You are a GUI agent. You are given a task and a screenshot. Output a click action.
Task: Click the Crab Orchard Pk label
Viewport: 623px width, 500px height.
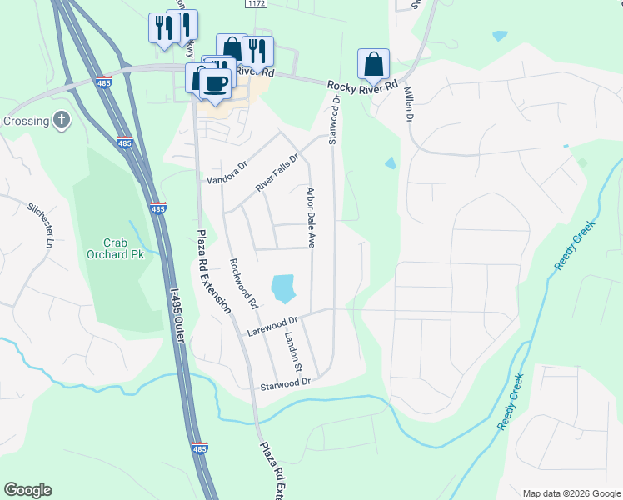(x=114, y=247)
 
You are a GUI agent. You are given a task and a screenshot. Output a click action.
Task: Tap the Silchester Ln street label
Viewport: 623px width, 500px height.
(x=40, y=225)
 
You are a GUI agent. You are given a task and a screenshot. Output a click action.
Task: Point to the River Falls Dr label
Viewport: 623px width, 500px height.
(x=277, y=173)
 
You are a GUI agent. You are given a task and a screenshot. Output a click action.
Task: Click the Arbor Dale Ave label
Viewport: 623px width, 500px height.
(x=311, y=217)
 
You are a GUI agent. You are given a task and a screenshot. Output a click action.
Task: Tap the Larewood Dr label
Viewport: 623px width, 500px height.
(x=272, y=326)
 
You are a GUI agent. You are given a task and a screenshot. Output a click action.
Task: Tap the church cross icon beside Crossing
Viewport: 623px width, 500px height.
(x=61, y=121)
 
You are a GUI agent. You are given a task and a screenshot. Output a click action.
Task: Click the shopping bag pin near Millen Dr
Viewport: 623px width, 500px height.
(x=374, y=63)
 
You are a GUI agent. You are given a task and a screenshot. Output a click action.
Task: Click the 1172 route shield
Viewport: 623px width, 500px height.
(x=257, y=4)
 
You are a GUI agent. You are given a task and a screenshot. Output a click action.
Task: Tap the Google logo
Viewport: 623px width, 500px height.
(x=27, y=490)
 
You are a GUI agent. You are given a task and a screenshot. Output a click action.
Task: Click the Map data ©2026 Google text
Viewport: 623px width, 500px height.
(x=571, y=493)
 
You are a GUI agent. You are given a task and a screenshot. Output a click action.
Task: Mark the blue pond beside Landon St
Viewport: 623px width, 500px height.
(x=282, y=288)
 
